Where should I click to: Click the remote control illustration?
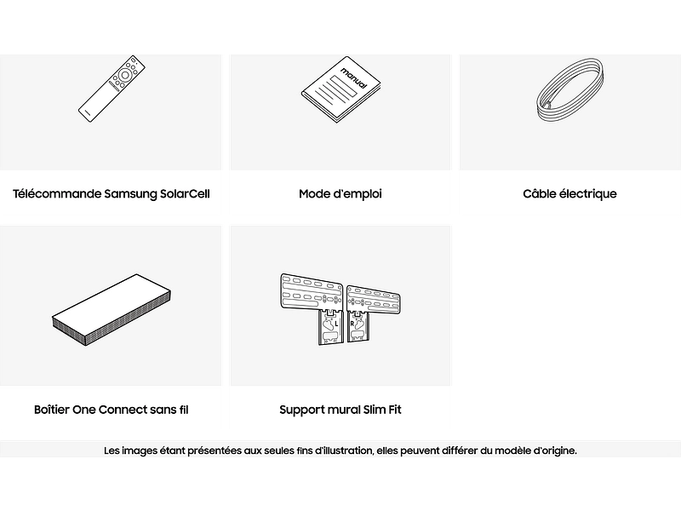coord(112,89)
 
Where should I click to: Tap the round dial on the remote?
coord(125,75)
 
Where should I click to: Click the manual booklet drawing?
coord(341,89)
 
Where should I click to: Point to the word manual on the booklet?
coord(354,78)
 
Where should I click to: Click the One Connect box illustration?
coord(112,309)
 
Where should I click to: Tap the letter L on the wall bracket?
coord(336,324)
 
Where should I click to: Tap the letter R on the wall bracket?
coord(352,324)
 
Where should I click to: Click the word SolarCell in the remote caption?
coord(185,194)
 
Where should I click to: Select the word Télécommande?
coord(57,194)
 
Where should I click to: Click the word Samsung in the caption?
coord(131,194)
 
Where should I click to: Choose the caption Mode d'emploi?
coord(340,194)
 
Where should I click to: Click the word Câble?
coord(539,193)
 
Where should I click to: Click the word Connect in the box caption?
coord(123,410)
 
